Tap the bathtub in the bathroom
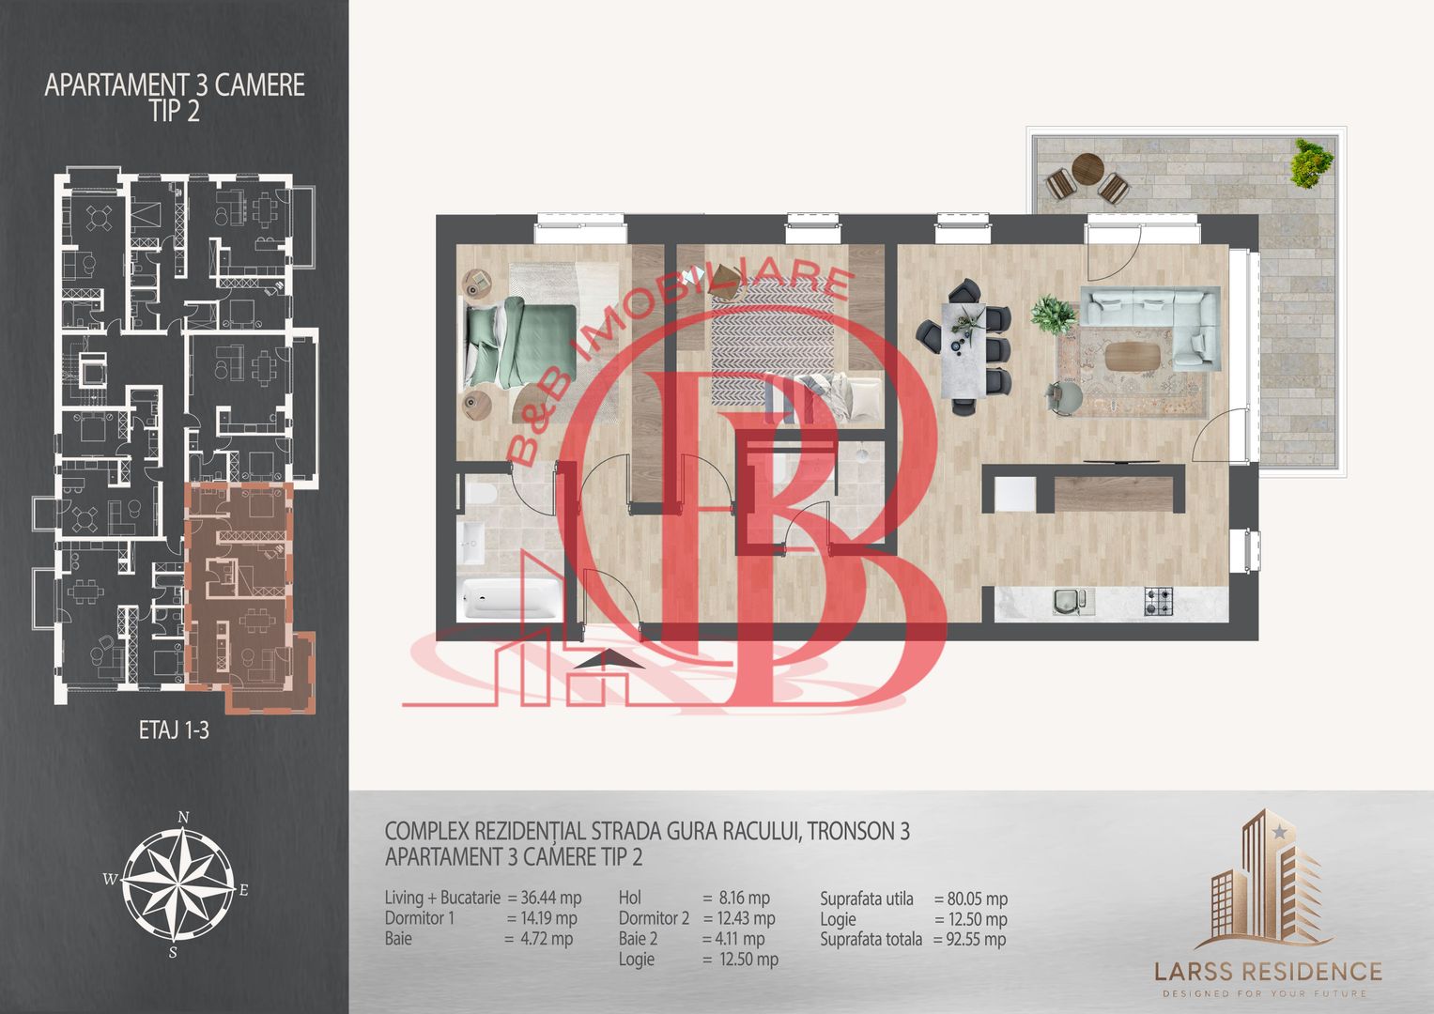(x=510, y=598)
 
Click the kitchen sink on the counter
(x=1070, y=602)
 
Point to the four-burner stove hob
(x=1159, y=602)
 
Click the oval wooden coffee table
(x=1132, y=356)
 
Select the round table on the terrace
(x=1087, y=169)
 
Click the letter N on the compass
(x=183, y=818)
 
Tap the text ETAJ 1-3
(x=174, y=730)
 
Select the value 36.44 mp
(x=551, y=898)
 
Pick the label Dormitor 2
(x=654, y=918)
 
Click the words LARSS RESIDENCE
(x=1268, y=971)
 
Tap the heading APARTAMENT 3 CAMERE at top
(x=174, y=85)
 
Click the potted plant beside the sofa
(x=1053, y=315)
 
